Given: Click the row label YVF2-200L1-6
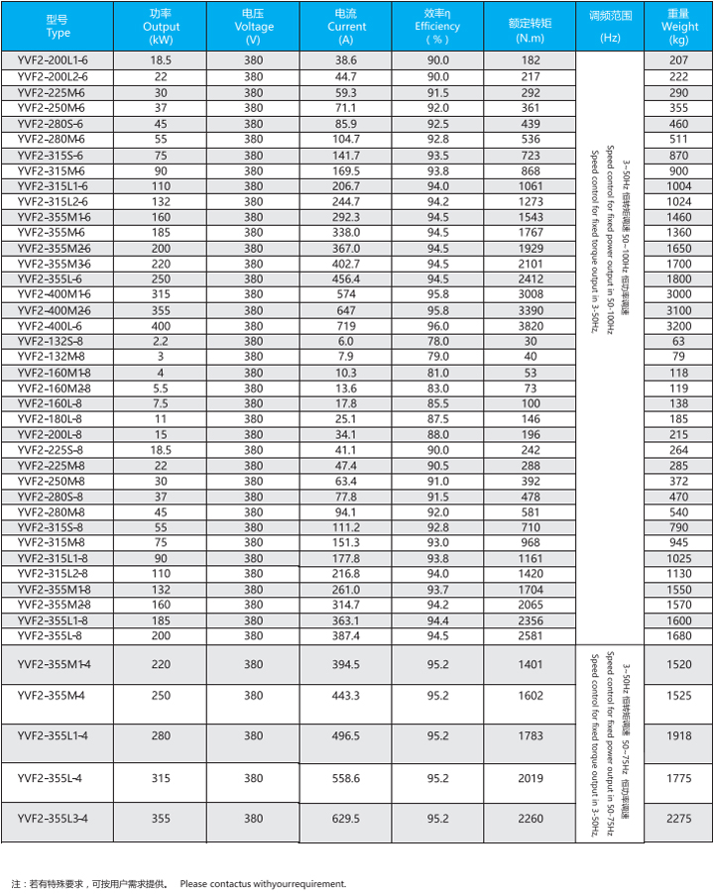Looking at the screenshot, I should coord(53,60).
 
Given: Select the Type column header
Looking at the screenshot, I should coord(59,27).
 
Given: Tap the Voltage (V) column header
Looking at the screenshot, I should coord(254,27).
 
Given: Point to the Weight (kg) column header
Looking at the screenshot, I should coord(679,27).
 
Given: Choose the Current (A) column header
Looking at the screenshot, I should coord(346,27).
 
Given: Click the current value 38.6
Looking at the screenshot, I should coord(346,60).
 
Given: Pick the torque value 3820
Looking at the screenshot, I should coord(531,325).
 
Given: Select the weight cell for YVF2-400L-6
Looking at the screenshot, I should coord(679,325).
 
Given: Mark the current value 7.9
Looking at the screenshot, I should coord(346,357).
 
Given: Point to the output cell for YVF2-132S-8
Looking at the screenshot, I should coord(161,341).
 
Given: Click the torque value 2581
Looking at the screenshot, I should coord(531,635).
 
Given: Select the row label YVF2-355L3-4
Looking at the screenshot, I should coord(54,818).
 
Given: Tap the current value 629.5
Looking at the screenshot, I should coord(346,819).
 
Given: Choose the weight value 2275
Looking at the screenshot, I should coord(679,819).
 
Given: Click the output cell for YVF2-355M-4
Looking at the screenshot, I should coord(161,696).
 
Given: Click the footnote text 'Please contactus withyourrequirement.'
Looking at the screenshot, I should coord(263,883).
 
